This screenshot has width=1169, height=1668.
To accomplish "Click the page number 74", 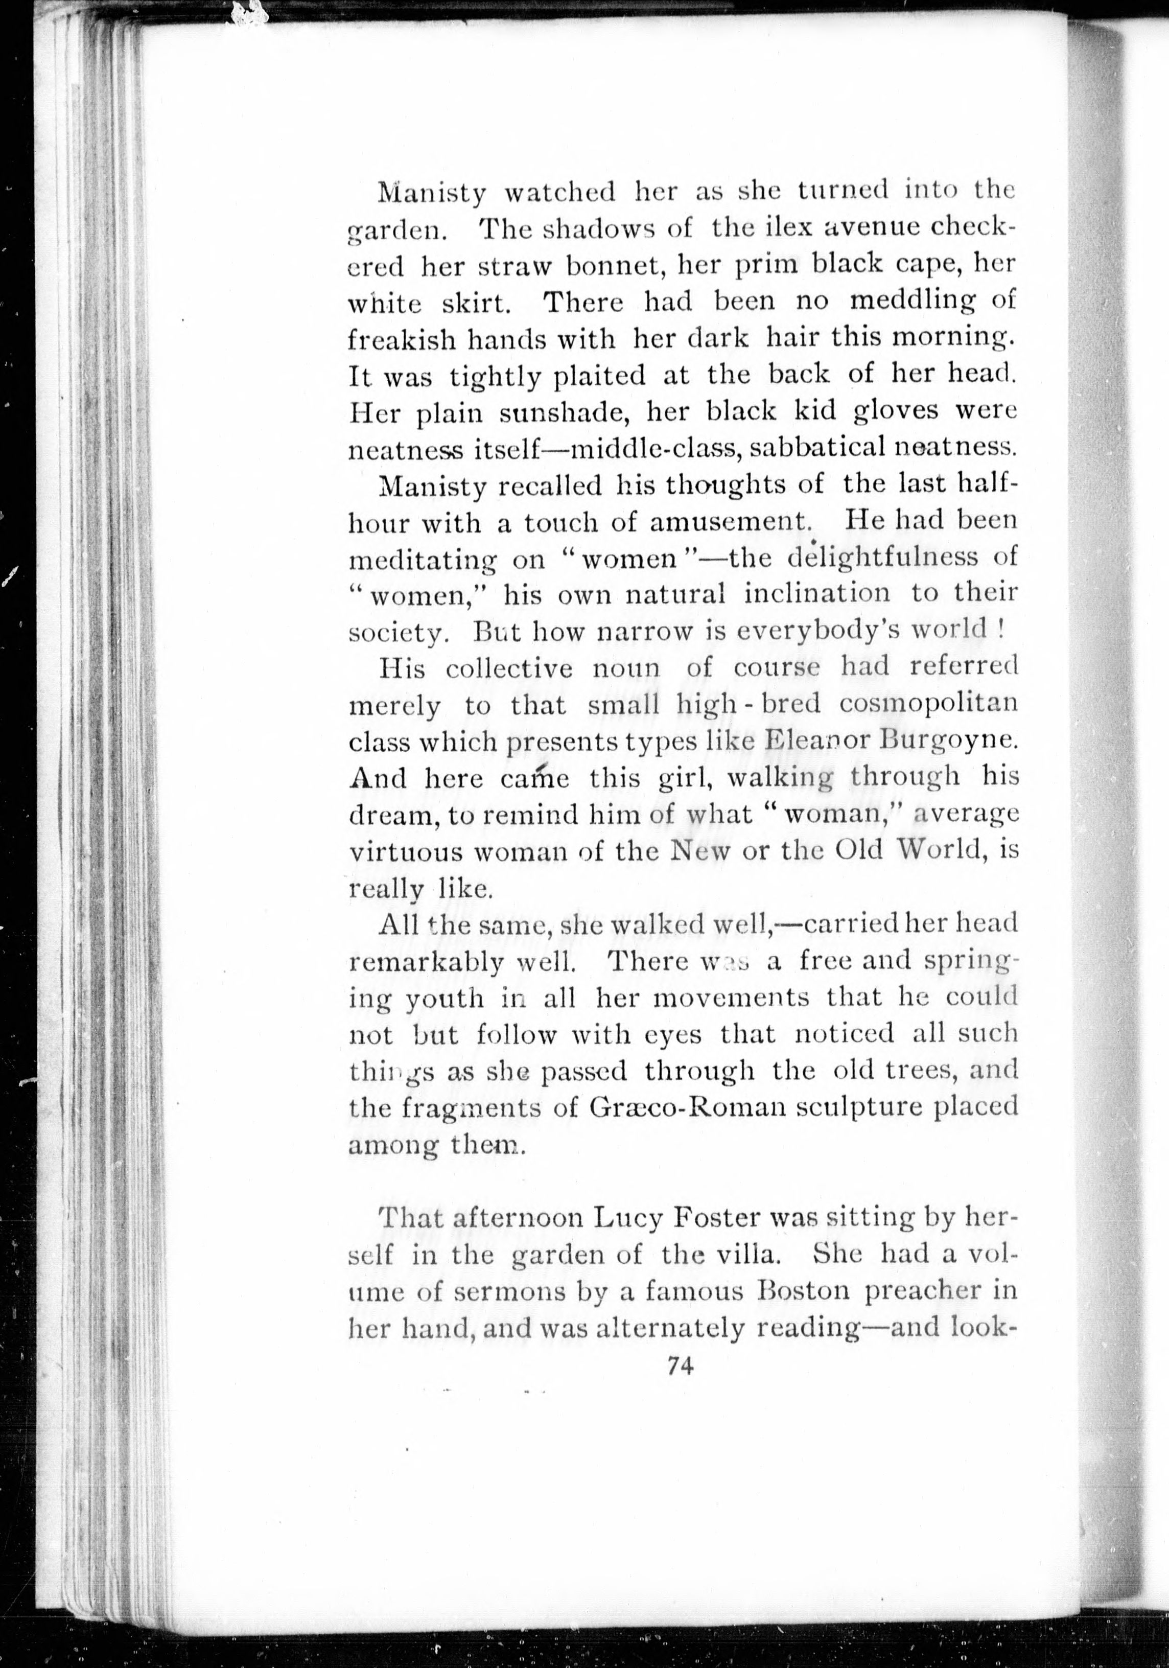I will (680, 1366).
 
